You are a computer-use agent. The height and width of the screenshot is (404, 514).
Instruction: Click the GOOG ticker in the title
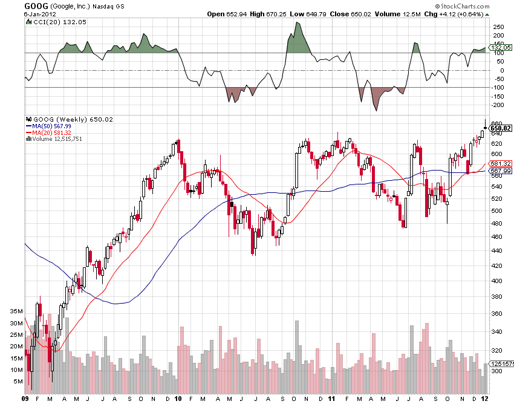36,5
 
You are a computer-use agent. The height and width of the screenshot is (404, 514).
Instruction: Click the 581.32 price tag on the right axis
501,164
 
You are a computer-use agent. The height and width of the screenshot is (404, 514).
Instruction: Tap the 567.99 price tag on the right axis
501,171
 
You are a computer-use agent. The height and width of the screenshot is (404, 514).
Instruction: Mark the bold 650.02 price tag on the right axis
501,128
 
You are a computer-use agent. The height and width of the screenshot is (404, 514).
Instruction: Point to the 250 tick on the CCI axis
499,27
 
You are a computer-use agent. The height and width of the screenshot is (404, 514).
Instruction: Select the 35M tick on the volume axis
16,311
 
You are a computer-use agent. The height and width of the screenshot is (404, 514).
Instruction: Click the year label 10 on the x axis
178,399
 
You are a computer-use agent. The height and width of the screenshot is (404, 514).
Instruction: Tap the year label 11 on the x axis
331,399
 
